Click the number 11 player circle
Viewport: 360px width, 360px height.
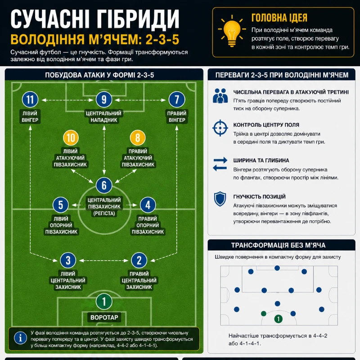(30, 99)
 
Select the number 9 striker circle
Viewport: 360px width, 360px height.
(104, 99)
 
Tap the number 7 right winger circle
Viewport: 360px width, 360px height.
(177, 99)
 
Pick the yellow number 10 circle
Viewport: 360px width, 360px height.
(71, 138)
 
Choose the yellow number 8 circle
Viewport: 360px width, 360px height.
(138, 138)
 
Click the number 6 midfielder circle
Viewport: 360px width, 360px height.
(104, 185)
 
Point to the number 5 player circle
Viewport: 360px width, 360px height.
(61, 205)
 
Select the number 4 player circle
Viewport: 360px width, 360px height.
(148, 205)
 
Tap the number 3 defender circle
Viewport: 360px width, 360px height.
(68, 261)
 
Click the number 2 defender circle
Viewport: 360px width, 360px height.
(139, 261)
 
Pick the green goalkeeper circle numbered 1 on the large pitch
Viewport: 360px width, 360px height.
(104, 301)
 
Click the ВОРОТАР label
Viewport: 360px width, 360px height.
(104, 317)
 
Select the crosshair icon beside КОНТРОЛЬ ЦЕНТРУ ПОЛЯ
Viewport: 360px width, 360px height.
(220, 128)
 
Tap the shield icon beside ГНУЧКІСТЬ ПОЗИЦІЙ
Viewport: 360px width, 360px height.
(220, 199)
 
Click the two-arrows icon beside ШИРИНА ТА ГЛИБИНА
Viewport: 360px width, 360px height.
(220, 164)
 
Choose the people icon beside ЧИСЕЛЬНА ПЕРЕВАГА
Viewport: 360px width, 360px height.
(220, 95)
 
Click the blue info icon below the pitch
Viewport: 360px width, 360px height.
(20, 338)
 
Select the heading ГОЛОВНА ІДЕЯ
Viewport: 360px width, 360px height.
(279, 18)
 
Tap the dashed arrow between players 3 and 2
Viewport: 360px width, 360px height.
(103, 261)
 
